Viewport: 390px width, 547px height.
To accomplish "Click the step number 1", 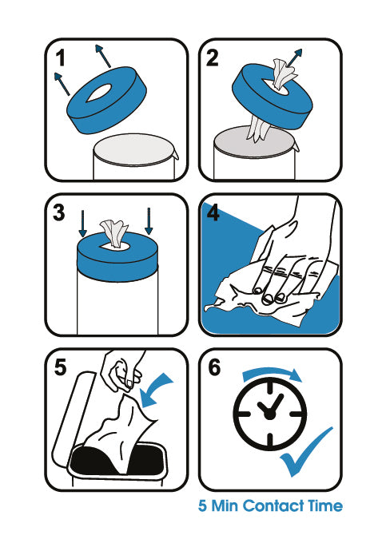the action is point(61,58).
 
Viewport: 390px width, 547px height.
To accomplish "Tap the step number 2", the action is point(212,58).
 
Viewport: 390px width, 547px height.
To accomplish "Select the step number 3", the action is point(58,212).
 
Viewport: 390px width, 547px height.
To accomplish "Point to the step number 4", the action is point(213,212).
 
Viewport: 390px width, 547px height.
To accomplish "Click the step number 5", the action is point(60,367).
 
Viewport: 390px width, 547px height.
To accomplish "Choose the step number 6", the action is point(214,367).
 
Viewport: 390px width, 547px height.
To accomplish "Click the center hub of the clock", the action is point(269,414).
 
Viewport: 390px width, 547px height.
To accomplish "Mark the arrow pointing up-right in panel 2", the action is point(294,57).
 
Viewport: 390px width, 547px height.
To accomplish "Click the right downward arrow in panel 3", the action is point(149,221).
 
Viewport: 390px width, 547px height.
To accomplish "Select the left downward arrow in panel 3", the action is point(83,224).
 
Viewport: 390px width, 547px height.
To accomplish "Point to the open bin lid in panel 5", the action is point(73,418).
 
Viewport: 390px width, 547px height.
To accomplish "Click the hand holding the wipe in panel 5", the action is point(121,371).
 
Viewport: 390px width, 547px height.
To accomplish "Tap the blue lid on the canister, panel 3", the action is point(117,256).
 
